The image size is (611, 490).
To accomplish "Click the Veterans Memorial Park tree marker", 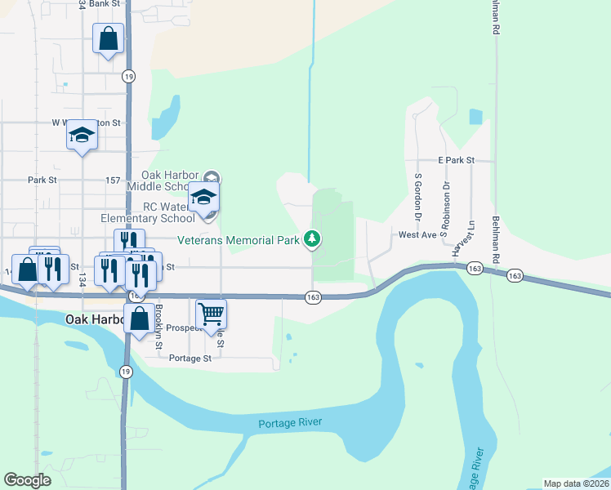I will pos(311,238).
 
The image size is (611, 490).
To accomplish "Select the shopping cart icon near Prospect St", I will pos(212,313).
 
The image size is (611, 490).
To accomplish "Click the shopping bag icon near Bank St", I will pos(109,38).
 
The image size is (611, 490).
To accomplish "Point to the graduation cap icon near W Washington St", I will pos(82,135).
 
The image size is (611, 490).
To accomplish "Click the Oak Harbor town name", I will pos(92,319).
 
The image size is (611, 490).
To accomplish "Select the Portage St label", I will pos(190,358).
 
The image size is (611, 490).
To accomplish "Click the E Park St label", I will pos(456,161).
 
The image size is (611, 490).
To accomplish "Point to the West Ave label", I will pos(417,234).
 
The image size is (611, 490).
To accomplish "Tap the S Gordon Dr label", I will pos(417,197).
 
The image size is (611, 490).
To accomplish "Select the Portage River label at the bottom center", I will pos(290,423).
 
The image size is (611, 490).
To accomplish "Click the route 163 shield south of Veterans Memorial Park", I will pos(313,297).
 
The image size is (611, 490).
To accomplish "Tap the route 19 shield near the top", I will pos(128,76).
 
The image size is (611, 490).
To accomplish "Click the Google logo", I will pos(28,480).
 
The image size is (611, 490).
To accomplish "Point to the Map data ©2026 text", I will pos(576,483).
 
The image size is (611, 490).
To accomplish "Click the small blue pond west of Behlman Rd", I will pos(475,116).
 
